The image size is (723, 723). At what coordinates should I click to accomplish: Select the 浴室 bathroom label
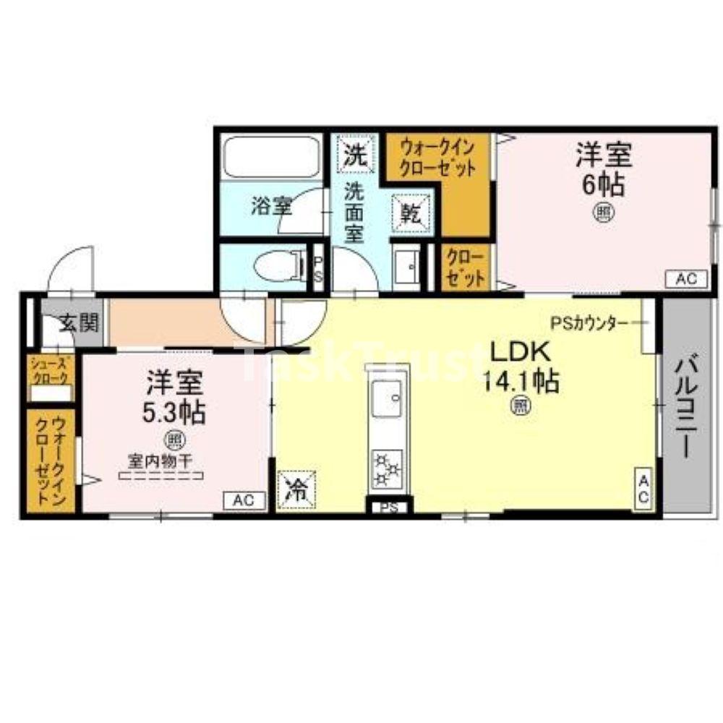point(271,207)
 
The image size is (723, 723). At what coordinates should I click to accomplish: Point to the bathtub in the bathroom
point(272,156)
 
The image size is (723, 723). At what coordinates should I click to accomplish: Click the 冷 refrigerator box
point(296,488)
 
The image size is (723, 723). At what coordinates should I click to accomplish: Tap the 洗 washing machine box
point(356,154)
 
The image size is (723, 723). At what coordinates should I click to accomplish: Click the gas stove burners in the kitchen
point(389,468)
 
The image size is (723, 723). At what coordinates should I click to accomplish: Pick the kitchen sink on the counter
point(388,401)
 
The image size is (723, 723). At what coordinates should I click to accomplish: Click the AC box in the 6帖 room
point(685,279)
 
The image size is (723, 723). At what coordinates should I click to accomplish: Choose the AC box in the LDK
point(644,489)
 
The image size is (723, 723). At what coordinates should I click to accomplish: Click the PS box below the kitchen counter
point(390,507)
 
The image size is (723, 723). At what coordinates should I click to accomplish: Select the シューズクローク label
point(49,370)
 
